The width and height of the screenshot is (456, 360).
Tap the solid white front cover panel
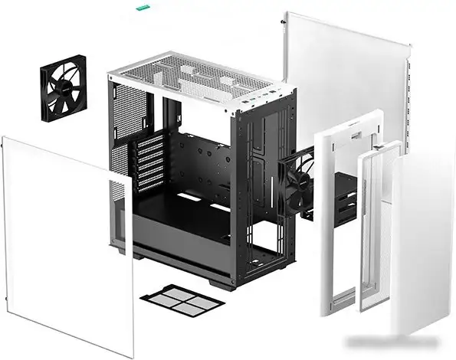[x=422, y=245]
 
